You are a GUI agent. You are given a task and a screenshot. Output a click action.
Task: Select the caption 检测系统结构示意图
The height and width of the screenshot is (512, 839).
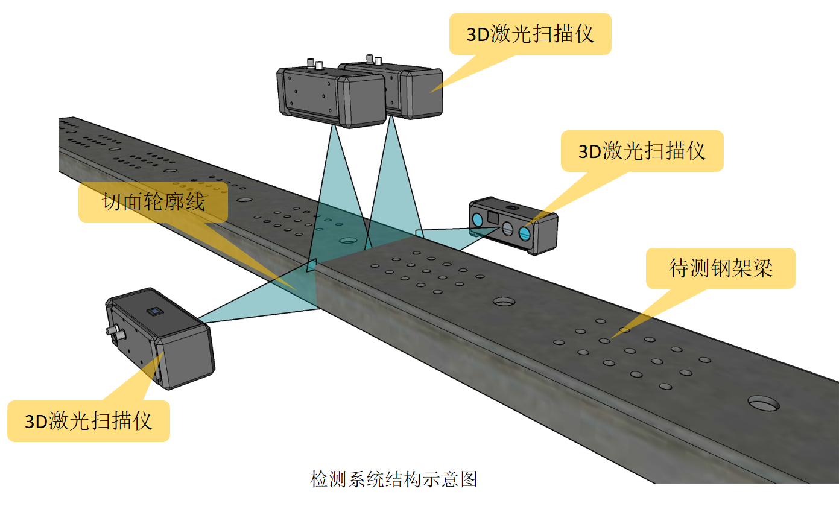(x=393, y=479)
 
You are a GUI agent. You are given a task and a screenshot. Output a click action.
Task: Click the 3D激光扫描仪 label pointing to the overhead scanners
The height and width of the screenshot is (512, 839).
(x=530, y=34)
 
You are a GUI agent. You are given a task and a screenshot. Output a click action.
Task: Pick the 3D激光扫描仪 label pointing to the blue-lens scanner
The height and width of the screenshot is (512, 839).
(x=642, y=151)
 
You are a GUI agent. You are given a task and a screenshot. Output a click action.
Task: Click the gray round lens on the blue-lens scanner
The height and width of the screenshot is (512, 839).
(x=508, y=228)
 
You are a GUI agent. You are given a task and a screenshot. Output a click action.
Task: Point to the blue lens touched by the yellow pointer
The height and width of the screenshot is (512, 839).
(x=525, y=235)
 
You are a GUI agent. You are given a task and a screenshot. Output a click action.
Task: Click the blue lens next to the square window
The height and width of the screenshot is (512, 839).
(x=477, y=219)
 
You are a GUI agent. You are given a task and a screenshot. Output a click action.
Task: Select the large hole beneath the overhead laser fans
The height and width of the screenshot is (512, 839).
(x=347, y=240)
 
